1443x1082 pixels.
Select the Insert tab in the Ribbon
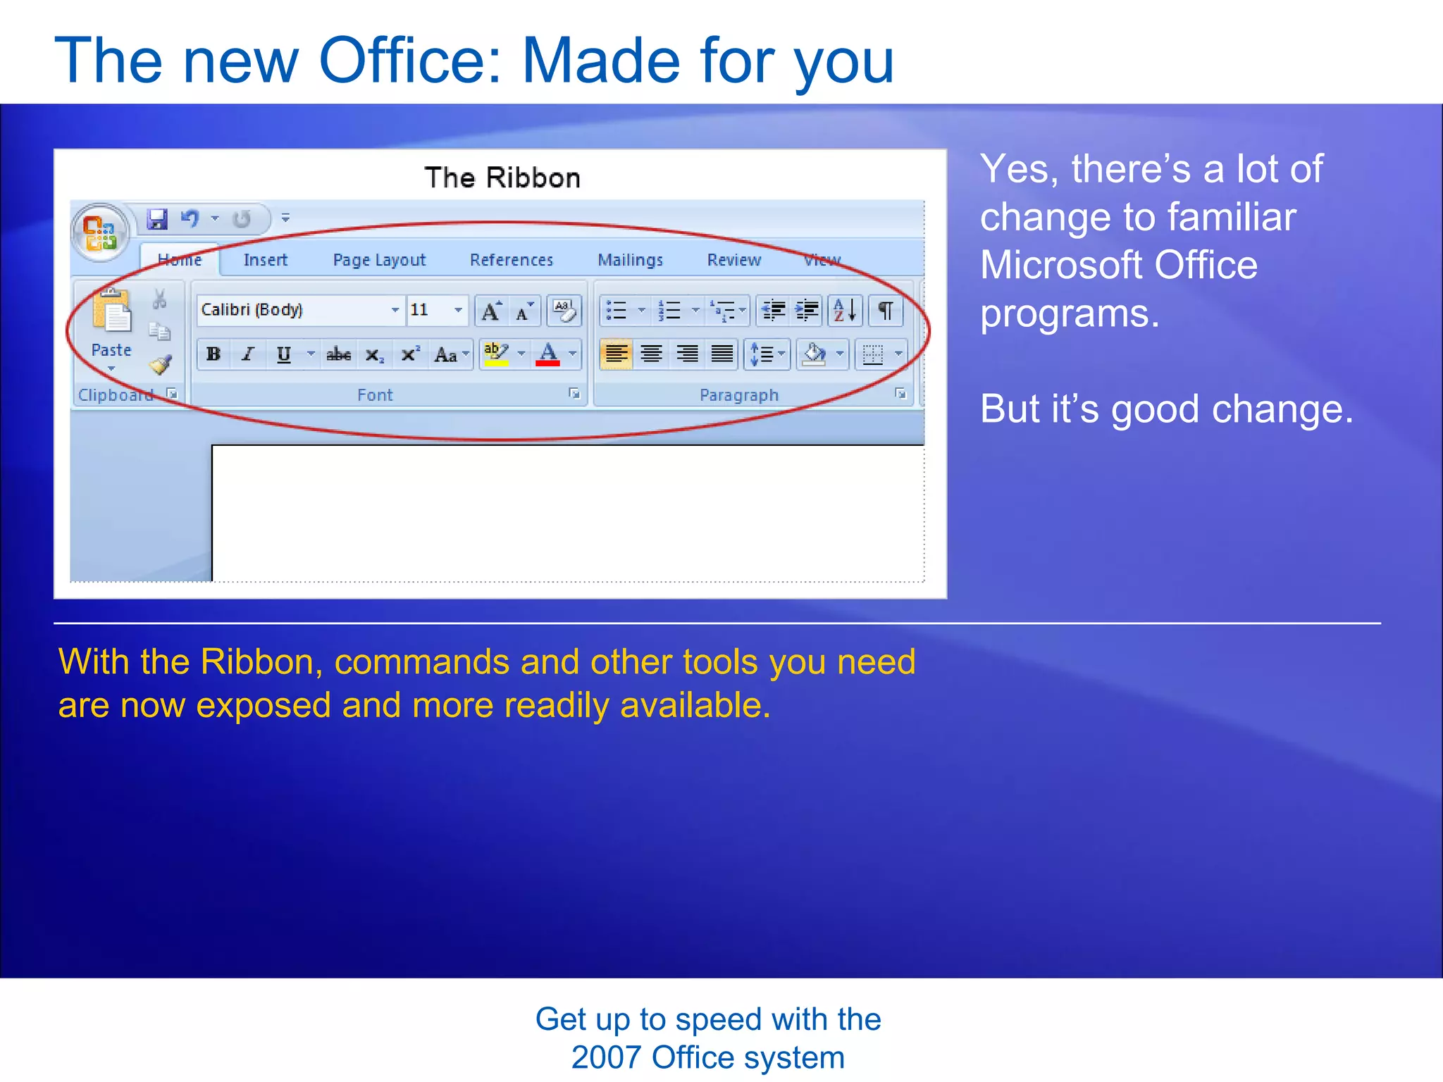pyautogui.click(x=265, y=260)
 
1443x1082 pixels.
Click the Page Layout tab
pyautogui.click(x=379, y=260)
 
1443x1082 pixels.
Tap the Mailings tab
pyautogui.click(x=630, y=260)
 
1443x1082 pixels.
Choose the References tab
pyautogui.click(x=511, y=260)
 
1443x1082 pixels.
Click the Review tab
pyautogui.click(x=733, y=260)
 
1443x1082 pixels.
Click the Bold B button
pyautogui.click(x=213, y=354)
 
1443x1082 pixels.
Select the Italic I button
pyautogui.click(x=247, y=354)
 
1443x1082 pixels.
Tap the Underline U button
pyautogui.click(x=283, y=354)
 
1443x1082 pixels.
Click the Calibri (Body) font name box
pyautogui.click(x=292, y=310)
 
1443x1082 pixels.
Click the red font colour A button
pyautogui.click(x=547, y=354)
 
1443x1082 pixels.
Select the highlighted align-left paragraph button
pyautogui.click(x=616, y=354)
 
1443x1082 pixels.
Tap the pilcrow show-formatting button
pyautogui.click(x=886, y=310)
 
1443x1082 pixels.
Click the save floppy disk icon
pyautogui.click(x=157, y=219)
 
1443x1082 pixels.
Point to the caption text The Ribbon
pyautogui.click(x=502, y=178)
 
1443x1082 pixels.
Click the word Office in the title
pyautogui.click(x=410, y=61)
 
